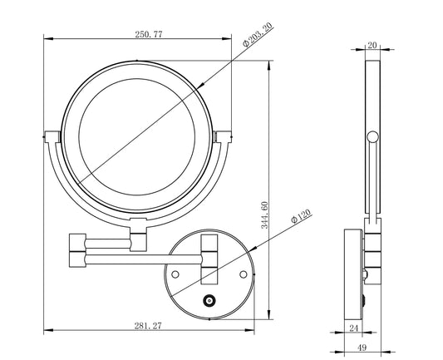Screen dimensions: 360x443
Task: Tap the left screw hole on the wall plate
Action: coord(175,273)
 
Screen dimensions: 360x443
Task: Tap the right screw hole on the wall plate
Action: coord(244,273)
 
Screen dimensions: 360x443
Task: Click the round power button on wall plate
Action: coord(209,301)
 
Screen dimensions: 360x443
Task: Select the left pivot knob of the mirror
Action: coord(48,136)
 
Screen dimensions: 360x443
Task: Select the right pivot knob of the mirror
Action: coord(219,136)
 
